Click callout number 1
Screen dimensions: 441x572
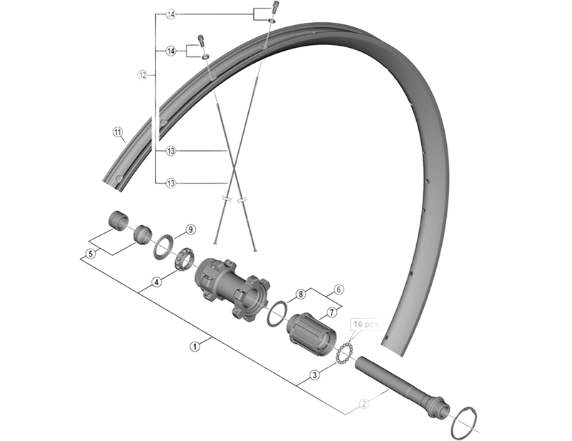point(194,345)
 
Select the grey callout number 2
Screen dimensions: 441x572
point(364,405)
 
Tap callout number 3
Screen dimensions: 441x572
point(314,375)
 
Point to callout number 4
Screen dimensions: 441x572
point(157,282)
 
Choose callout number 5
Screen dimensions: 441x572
point(91,253)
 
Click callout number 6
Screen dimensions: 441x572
point(339,289)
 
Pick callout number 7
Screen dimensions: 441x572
point(332,312)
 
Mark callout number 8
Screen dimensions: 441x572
point(301,294)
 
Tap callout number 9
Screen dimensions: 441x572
point(190,229)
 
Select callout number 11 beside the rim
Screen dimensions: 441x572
point(118,132)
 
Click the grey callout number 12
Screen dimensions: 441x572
point(142,74)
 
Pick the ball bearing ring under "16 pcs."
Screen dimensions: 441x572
point(343,352)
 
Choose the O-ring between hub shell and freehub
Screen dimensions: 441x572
point(278,314)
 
